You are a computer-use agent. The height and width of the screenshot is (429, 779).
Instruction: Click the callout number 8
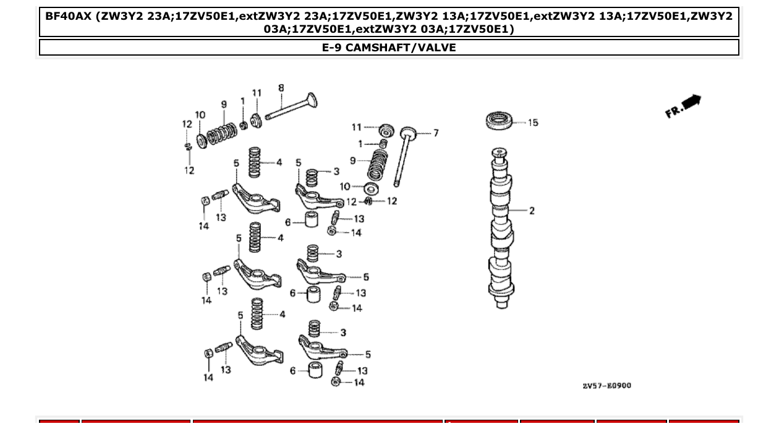pyautogui.click(x=281, y=88)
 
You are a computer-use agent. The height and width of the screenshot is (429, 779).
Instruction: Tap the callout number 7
pyautogui.click(x=435, y=133)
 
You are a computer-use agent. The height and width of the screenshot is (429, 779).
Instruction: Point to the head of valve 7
pyautogui.click(x=408, y=132)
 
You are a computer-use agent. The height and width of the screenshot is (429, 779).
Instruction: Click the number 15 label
pyautogui.click(x=532, y=122)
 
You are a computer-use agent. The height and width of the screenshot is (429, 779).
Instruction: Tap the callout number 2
pyautogui.click(x=531, y=211)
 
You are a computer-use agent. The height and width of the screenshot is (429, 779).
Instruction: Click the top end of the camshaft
pyautogui.click(x=500, y=152)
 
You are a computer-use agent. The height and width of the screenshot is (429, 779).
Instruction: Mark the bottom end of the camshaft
pyautogui.click(x=500, y=304)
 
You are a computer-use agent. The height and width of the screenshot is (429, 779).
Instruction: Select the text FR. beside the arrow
pyautogui.click(x=674, y=111)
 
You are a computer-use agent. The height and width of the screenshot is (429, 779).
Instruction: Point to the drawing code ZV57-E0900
pyautogui.click(x=607, y=386)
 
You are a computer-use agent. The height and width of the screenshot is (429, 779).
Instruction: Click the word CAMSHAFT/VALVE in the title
pyautogui.click(x=401, y=48)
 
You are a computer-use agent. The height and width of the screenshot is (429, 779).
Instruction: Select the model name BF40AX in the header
pyautogui.click(x=69, y=16)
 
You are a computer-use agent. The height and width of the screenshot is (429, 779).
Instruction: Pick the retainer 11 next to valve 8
pyautogui.click(x=257, y=119)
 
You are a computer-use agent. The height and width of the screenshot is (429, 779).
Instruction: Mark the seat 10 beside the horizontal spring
pyautogui.click(x=202, y=140)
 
